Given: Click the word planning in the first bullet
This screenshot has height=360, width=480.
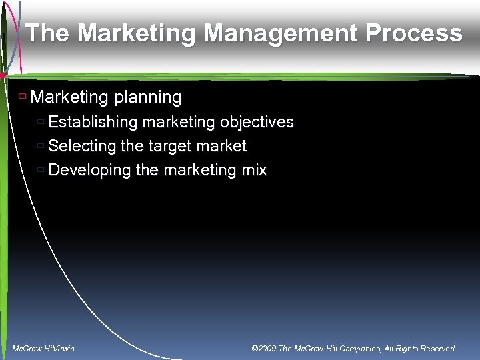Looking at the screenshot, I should (147, 97).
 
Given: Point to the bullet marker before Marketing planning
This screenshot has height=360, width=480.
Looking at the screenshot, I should (22, 97).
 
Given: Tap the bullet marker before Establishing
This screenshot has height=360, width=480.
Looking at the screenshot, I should (41, 122).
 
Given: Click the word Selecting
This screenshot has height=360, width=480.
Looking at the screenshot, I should (81, 146).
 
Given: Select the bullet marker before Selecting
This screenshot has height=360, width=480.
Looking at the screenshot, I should (41, 145).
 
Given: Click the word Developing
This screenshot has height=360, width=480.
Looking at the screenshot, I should (89, 170).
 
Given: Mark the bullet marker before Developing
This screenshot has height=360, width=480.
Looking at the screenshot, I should (41, 169).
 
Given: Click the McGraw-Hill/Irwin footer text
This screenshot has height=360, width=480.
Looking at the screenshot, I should (43, 349).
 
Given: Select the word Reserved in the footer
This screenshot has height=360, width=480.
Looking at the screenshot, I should (436, 349).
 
